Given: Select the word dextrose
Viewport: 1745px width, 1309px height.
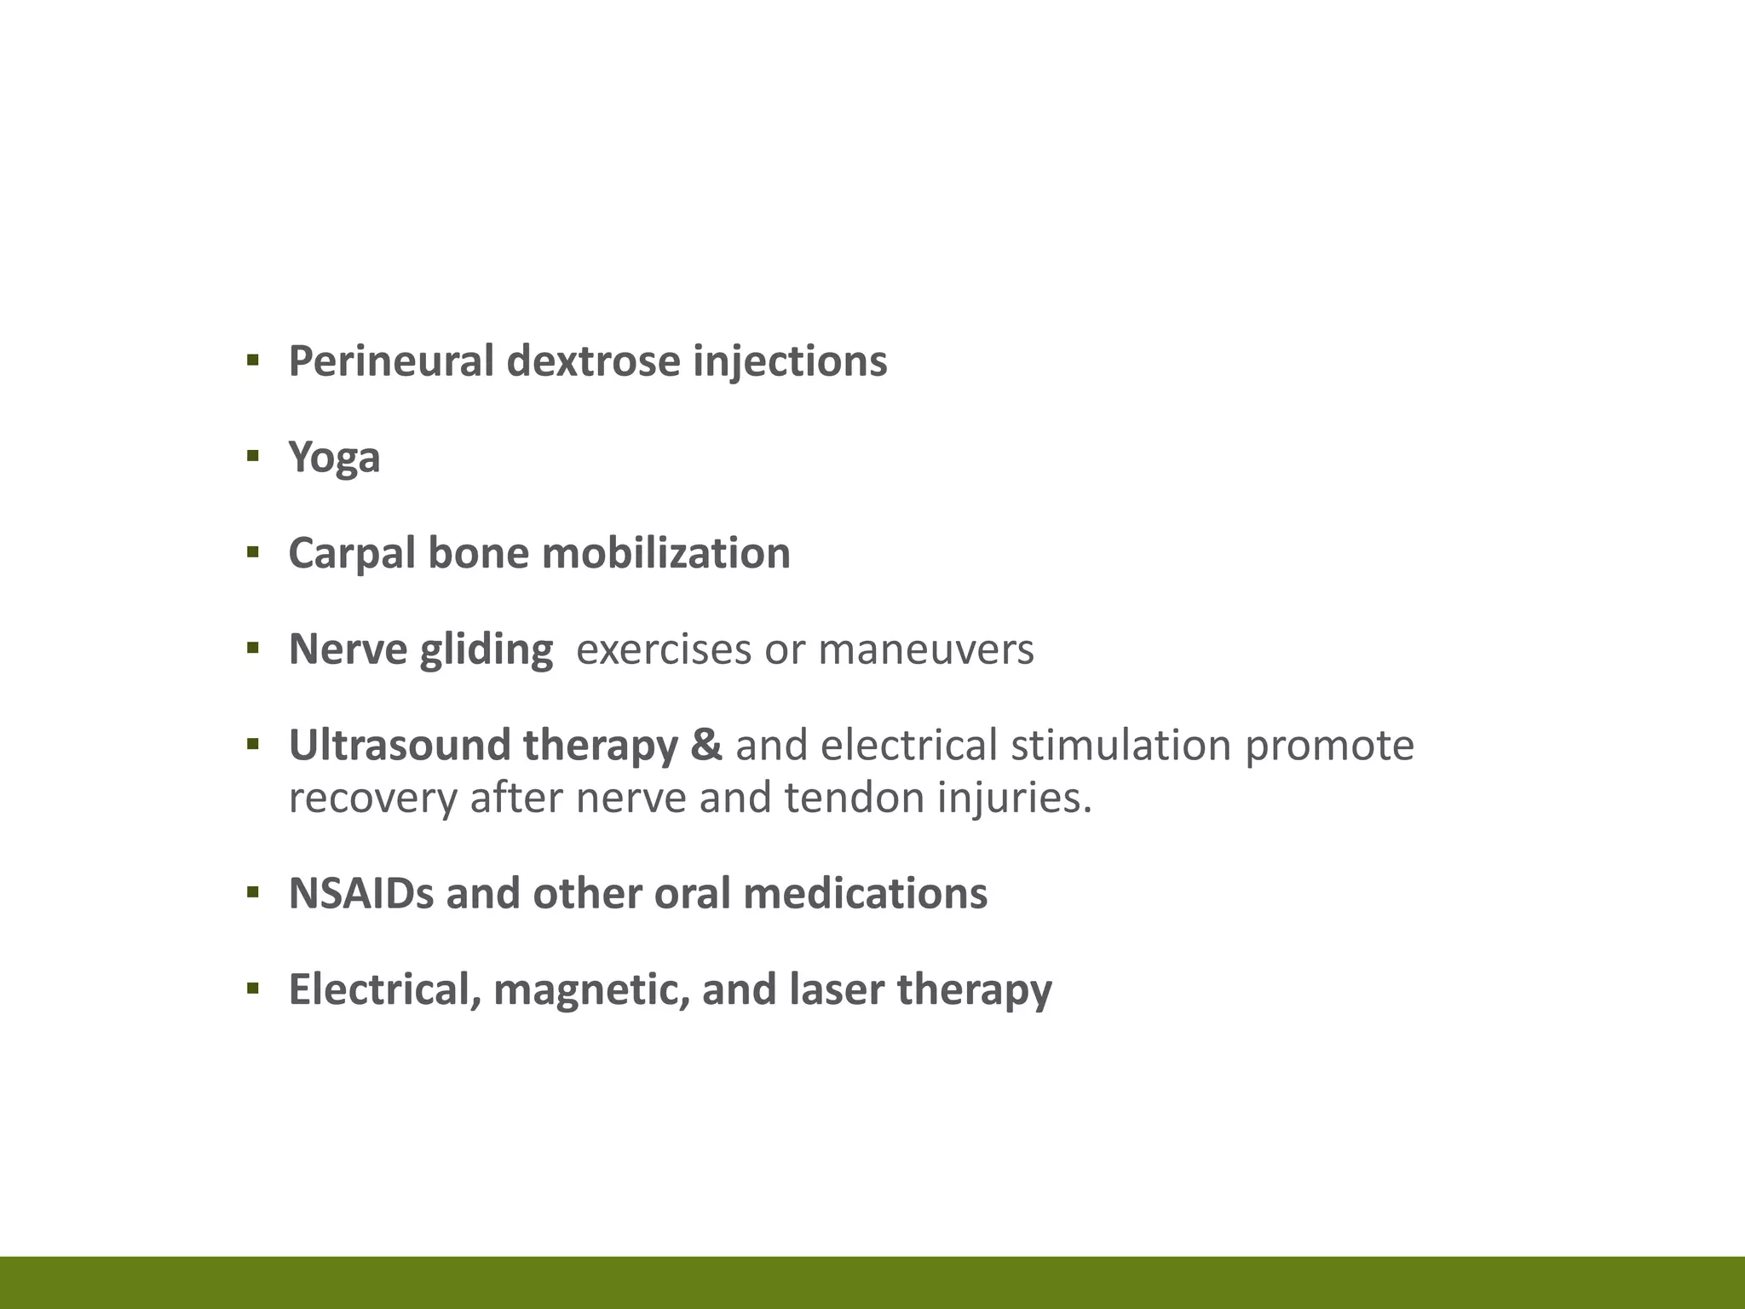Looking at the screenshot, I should tap(593, 361).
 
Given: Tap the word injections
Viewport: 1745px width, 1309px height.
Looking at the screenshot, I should tap(790, 361).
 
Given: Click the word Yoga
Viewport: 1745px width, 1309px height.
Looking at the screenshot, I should tap(334, 458).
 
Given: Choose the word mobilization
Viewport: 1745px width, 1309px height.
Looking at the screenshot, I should tap(665, 553).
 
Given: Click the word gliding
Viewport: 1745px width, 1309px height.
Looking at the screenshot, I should tap(487, 650).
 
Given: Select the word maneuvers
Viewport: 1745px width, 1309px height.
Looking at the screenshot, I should tap(926, 650).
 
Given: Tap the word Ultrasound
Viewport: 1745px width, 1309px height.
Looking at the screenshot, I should tap(399, 746).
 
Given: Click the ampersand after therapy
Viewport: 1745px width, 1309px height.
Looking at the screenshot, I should tap(705, 746).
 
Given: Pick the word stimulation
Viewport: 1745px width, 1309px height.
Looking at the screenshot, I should tap(1120, 746).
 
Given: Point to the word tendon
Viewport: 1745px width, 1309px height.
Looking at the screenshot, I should tap(854, 799).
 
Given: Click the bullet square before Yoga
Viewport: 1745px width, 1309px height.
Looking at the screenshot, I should tap(252, 456).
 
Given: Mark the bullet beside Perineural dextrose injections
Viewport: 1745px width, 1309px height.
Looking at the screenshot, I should tap(252, 360).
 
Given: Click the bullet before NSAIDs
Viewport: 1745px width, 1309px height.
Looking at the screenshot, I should tap(252, 892).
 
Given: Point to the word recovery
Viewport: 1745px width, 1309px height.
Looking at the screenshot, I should tap(372, 799).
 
